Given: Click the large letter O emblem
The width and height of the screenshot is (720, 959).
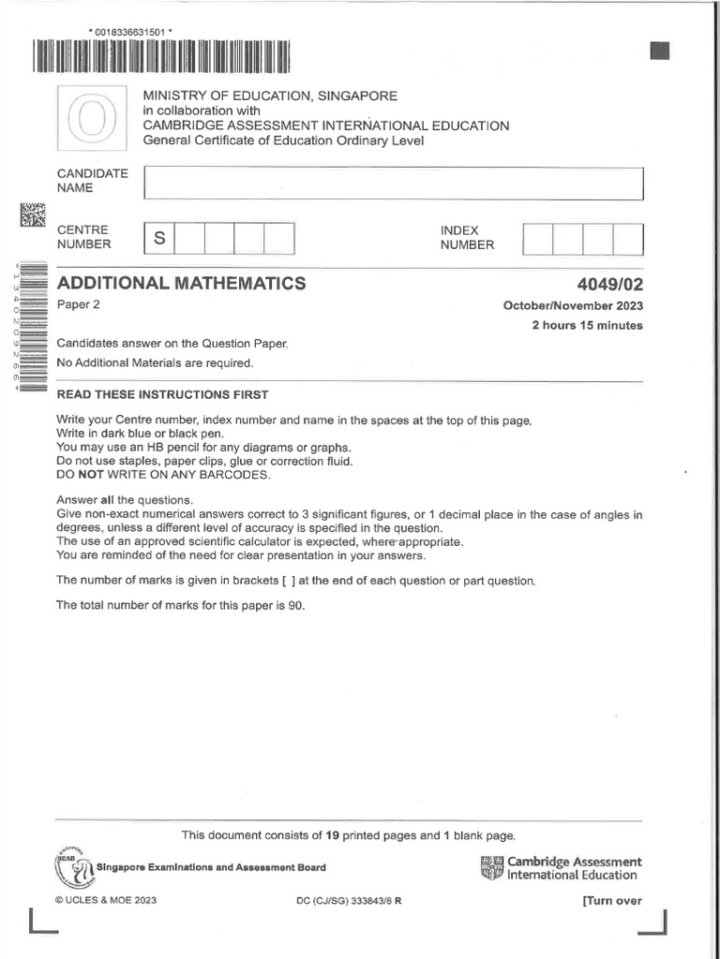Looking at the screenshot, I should pyautogui.click(x=91, y=118).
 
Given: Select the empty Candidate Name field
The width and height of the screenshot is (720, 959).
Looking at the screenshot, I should pyautogui.click(x=393, y=183).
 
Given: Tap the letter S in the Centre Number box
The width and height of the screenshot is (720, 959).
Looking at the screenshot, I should pyautogui.click(x=159, y=239).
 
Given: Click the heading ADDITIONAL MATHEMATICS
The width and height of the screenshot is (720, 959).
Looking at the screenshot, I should pyautogui.click(x=181, y=283).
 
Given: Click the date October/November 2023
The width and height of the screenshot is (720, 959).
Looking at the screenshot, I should pyautogui.click(x=573, y=306).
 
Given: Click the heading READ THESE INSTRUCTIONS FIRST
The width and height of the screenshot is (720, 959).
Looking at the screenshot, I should pyautogui.click(x=162, y=394).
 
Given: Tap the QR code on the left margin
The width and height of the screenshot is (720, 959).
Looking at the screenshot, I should pyautogui.click(x=32, y=215).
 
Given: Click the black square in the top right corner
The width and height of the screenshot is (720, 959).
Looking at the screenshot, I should pyautogui.click(x=660, y=52).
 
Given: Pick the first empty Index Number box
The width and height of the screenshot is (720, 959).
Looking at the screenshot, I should pyautogui.click(x=538, y=239).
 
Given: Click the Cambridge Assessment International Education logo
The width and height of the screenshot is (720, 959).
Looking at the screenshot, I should pyautogui.click(x=561, y=868).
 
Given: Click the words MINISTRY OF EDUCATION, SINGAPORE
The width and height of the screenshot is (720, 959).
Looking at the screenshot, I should pyautogui.click(x=269, y=96).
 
